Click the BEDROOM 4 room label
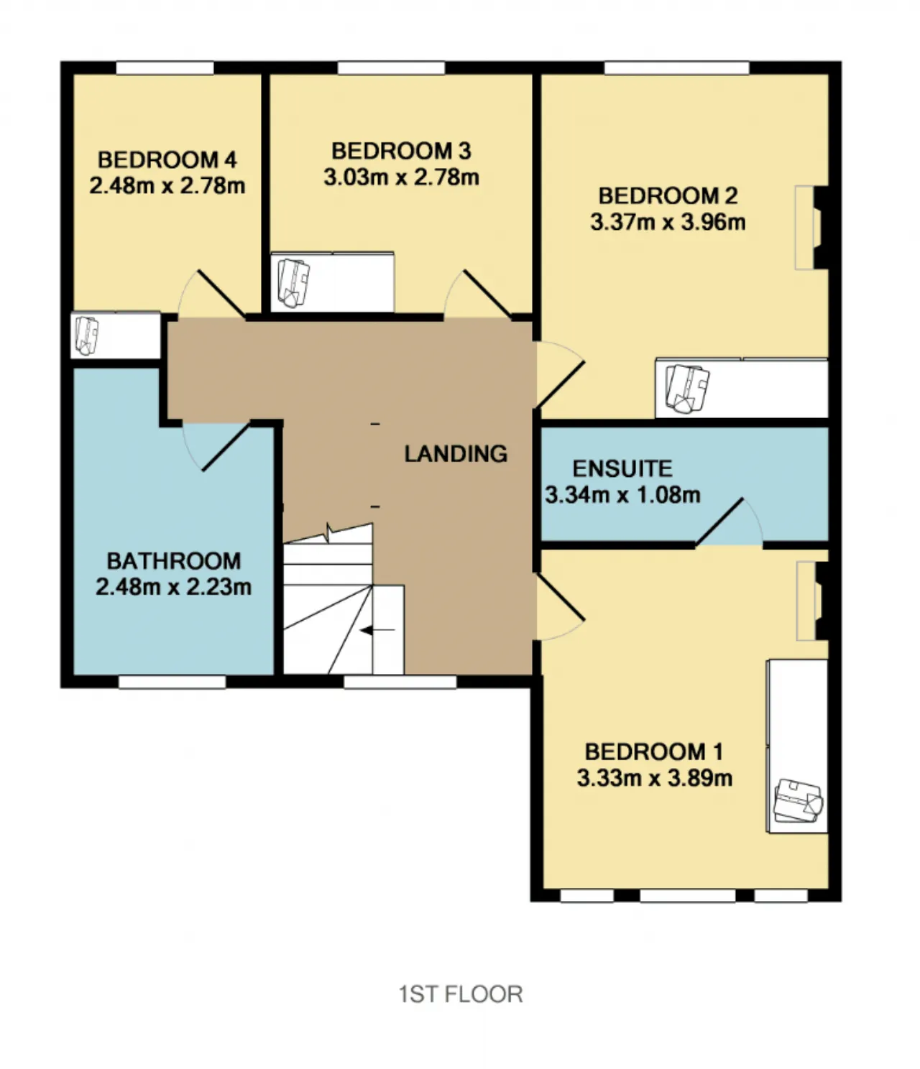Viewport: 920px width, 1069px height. [167, 159]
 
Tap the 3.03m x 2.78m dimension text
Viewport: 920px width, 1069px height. [402, 177]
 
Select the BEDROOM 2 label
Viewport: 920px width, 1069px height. [668, 196]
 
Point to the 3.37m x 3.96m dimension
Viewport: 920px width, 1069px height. [668, 223]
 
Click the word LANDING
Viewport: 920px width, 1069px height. [456, 453]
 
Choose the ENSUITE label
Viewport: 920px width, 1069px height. [622, 468]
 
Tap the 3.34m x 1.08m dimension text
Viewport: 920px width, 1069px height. [623, 495]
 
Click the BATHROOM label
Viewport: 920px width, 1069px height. [174, 561]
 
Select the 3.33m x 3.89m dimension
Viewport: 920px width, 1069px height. [655, 778]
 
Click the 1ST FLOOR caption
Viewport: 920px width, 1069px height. [461, 994]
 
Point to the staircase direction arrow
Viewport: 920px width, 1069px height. [378, 630]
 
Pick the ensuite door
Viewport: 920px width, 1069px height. [729, 522]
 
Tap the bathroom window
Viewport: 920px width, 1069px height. [172, 682]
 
